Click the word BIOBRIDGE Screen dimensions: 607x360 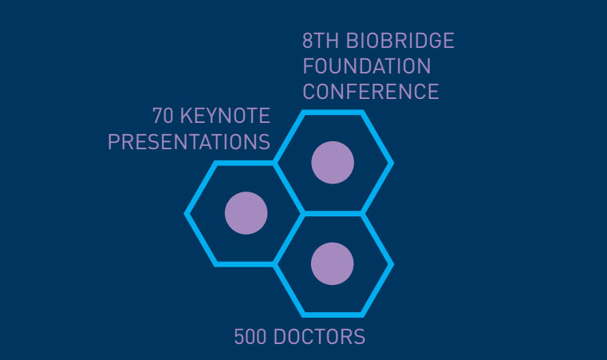pyautogui.click(x=400, y=41)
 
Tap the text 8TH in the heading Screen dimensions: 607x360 pyautogui.click(x=321, y=41)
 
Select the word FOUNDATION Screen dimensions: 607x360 pyautogui.click(x=367, y=66)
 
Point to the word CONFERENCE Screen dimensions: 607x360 pyautogui.click(x=371, y=92)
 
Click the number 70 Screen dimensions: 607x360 pyautogui.click(x=163, y=116)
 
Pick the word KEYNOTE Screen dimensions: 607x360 pyautogui.click(x=225, y=116)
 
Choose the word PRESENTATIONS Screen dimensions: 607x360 pyautogui.click(x=189, y=141)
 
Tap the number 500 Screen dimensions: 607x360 pyautogui.click(x=250, y=336)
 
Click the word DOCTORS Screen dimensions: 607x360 pyautogui.click(x=319, y=336)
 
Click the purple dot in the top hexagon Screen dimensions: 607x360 pyautogui.click(x=333, y=162)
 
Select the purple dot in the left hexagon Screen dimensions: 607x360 pyautogui.click(x=246, y=213)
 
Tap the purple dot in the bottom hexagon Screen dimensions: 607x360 pyautogui.click(x=332, y=264)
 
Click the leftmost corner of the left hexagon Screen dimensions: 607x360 pyautogui.click(x=186, y=213)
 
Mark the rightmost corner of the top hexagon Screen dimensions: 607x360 pyautogui.click(x=392, y=163)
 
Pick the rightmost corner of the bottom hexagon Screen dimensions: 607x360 pyautogui.click(x=392, y=265)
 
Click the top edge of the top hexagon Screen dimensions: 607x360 pyautogui.click(x=333, y=113)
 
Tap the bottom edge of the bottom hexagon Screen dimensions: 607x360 pyautogui.click(x=333, y=315)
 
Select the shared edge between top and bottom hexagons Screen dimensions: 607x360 pyautogui.click(x=333, y=213)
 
